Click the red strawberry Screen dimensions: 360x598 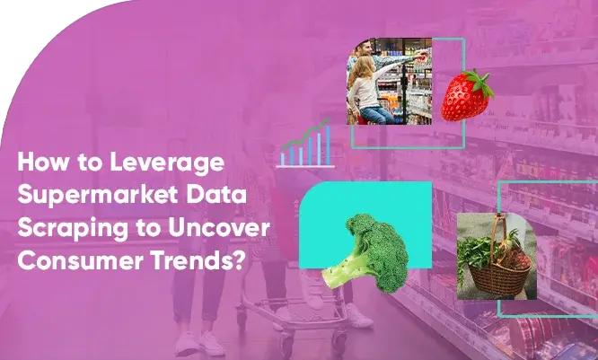click(464, 98)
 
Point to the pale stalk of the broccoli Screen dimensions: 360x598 click(337, 267)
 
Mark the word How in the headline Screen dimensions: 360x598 click(37, 164)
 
